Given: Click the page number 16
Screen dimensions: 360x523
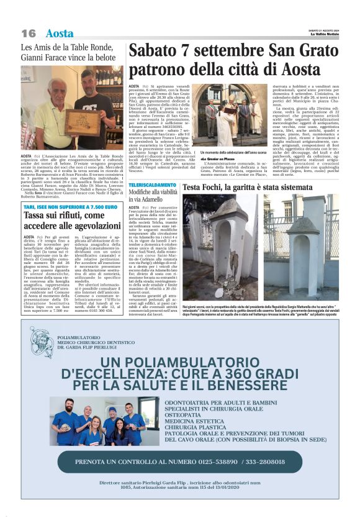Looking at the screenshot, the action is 29,33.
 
